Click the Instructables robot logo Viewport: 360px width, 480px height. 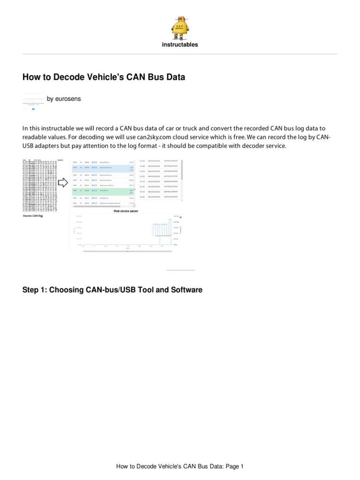[180, 27]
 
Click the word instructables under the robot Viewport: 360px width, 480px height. [180, 45]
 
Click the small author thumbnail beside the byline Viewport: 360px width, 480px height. [33, 102]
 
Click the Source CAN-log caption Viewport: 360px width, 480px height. [33, 216]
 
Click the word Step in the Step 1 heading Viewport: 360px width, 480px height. [32, 290]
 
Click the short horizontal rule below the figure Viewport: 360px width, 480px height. [181, 270]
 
